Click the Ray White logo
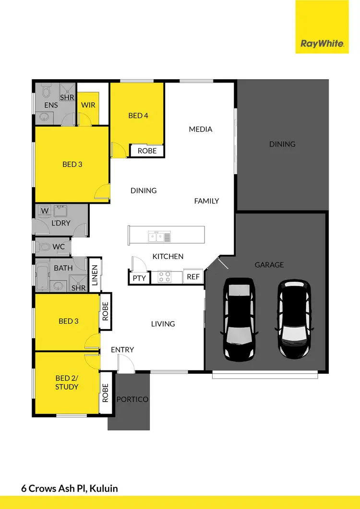322,43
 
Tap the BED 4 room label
138,115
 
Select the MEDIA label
201,129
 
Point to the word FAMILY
206,201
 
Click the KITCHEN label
168,257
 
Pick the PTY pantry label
139,277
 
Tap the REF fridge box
193,277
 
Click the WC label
59,247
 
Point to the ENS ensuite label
51,105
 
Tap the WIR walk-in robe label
88,105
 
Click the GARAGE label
269,264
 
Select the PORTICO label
132,399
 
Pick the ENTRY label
122,350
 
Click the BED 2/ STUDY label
67,382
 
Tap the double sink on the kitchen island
159,236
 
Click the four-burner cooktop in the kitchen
165,277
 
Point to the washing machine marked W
45,211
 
